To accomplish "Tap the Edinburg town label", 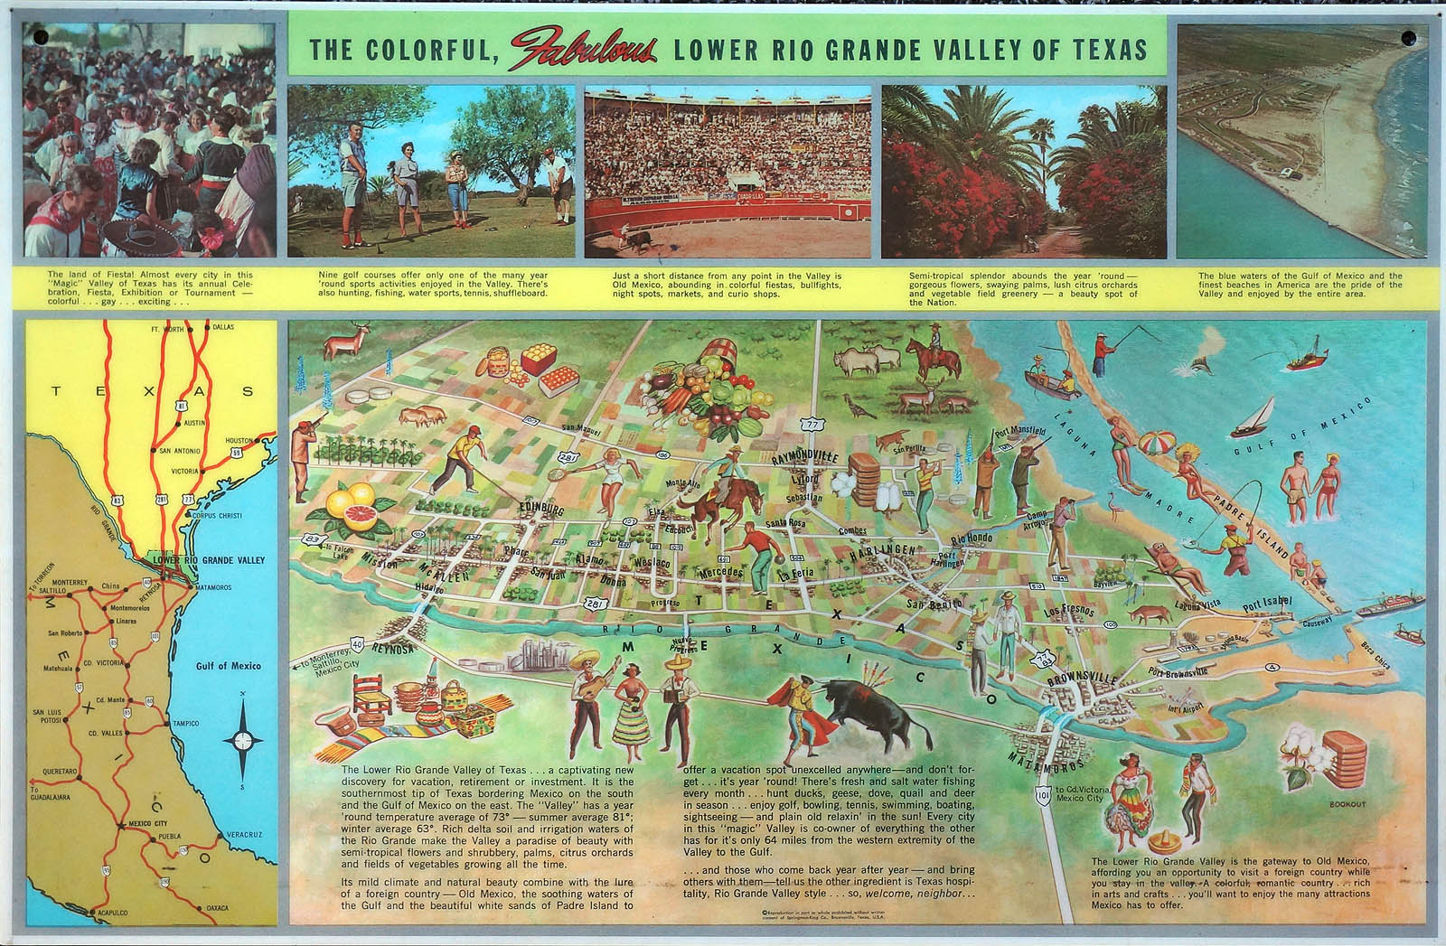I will [x=540, y=510].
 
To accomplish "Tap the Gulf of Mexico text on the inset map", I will [x=229, y=667].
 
